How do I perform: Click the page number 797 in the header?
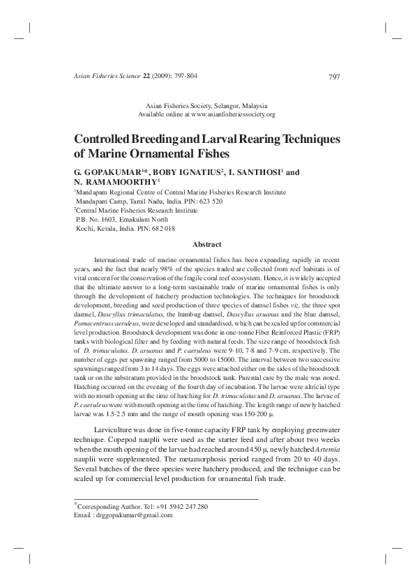click(x=333, y=76)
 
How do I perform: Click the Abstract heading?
click(x=206, y=244)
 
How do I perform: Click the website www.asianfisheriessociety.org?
click(x=232, y=114)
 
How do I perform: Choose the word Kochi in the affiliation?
click(x=84, y=228)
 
